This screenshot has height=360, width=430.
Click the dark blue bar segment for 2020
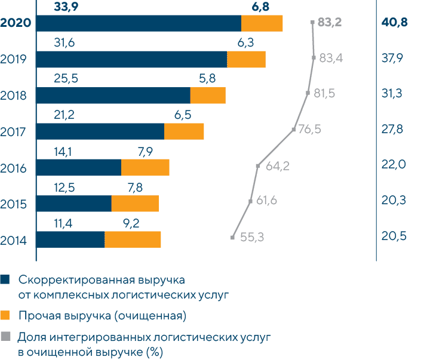point(139,23)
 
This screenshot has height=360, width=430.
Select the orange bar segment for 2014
point(133,239)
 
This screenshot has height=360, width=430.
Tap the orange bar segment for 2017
point(184,131)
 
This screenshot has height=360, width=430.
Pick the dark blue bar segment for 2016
point(79,168)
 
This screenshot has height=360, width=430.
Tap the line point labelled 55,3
point(232,238)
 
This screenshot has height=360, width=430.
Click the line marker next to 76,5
point(294,129)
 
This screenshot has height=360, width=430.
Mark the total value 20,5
point(394,236)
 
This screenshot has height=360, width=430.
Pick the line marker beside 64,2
point(258,165)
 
